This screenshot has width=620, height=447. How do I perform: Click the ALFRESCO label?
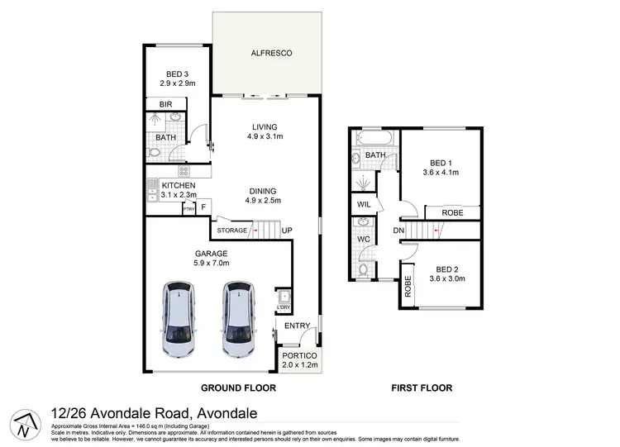(266, 53)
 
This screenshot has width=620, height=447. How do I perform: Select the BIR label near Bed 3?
(165, 105)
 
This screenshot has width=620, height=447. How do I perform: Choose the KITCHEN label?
(178, 186)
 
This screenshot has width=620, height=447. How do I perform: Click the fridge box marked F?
(203, 205)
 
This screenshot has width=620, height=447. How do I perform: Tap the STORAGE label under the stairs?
(231, 230)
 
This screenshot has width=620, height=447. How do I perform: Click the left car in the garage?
(179, 321)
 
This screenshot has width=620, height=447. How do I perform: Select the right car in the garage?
(237, 321)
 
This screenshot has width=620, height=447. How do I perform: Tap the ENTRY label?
(296, 326)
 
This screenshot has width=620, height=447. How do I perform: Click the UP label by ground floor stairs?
(286, 231)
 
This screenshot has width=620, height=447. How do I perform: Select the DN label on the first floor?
(398, 231)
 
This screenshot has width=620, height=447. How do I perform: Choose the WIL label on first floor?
(363, 204)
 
